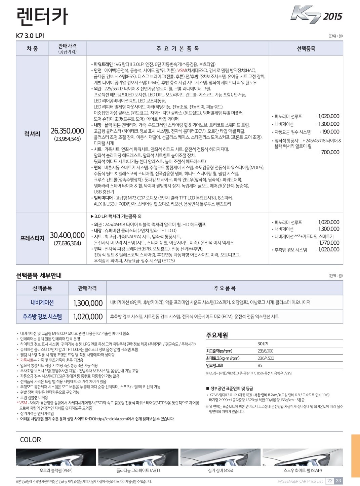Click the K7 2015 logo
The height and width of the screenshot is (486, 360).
[316, 15]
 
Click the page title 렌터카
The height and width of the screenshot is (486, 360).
[42, 16]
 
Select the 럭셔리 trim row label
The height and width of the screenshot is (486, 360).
[32, 134]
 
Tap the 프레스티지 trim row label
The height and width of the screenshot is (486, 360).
[32, 238]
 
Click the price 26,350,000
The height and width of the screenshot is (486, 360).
[67, 131]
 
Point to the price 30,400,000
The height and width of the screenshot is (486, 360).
[67, 235]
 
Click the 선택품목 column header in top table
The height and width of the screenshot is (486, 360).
[306, 49]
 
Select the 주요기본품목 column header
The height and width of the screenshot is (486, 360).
[178, 49]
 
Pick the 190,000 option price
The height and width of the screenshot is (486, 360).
[330, 132]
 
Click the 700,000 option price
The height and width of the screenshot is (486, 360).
[330, 152]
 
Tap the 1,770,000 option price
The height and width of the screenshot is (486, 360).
[329, 243]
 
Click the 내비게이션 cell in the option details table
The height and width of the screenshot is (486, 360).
[42, 302]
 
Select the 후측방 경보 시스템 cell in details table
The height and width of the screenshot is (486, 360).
[42, 317]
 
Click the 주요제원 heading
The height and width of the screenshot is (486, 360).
[217, 335]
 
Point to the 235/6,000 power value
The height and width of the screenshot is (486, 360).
[266, 351]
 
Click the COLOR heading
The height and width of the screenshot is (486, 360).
[30, 440]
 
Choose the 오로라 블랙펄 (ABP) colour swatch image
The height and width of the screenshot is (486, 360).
[56, 457]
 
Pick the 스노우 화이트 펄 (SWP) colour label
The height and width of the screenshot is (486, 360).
[303, 471]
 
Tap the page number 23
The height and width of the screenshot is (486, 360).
[338, 481]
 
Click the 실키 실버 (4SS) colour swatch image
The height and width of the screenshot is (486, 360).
[221, 457]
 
